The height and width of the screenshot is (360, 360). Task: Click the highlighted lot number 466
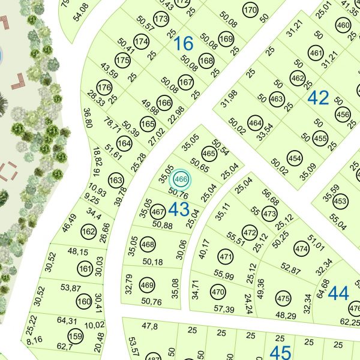pos(182,179)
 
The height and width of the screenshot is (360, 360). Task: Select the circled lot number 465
pos(209,154)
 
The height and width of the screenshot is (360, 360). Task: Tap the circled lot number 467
pos(158,212)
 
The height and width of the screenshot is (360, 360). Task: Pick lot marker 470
pos(218,292)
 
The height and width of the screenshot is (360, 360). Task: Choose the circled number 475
pos(283,298)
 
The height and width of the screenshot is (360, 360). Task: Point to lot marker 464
pos(255,125)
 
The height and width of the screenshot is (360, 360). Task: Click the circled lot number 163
pos(116,180)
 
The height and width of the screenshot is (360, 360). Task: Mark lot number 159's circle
pos(74,336)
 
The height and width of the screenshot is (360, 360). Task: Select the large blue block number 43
pos(179,209)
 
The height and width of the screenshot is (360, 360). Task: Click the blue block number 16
pos(184,43)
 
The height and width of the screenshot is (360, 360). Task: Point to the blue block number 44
pos(338,293)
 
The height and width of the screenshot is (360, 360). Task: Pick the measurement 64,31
pos(67,321)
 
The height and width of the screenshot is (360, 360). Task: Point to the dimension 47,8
pos(150,326)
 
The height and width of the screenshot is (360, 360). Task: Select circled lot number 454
pos(295,158)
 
